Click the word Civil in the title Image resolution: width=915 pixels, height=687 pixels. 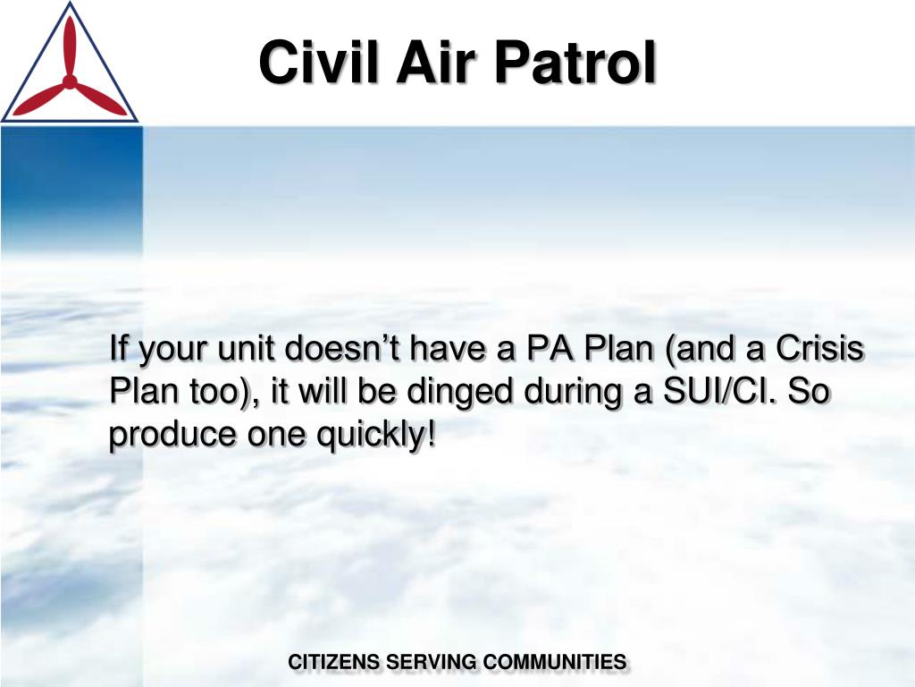click(312, 63)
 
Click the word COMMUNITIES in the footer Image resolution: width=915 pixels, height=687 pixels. click(554, 663)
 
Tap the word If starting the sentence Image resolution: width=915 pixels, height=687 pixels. click(117, 348)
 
